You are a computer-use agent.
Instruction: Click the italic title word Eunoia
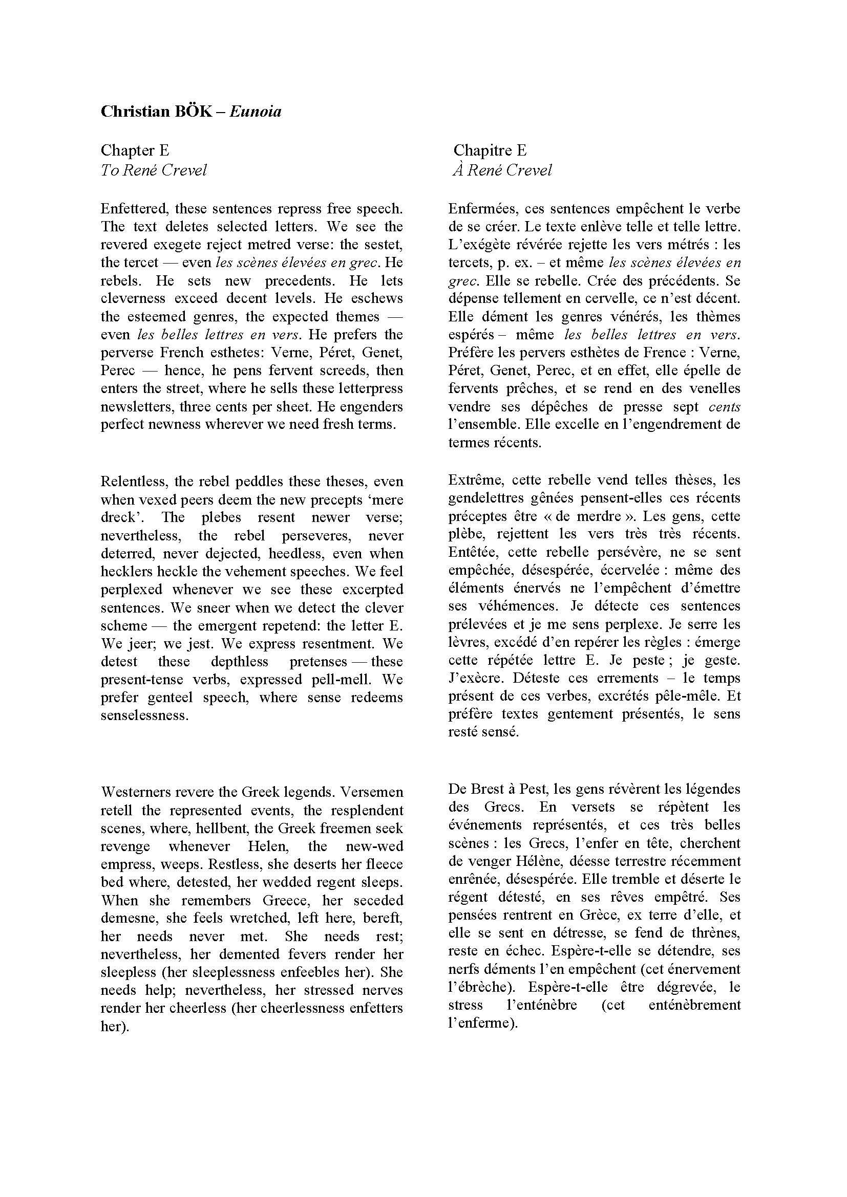255,112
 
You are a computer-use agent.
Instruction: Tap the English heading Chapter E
135,150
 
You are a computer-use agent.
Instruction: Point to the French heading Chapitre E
490,150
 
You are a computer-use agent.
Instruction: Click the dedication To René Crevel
154,170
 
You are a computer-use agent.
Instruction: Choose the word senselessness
144,715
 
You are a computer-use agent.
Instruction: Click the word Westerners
136,792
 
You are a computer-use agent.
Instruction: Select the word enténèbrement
695,1005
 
